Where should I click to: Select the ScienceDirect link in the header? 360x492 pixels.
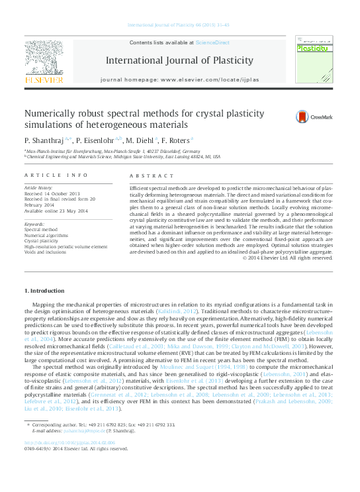[x=212, y=42]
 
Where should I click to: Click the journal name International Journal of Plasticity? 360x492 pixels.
[x=179, y=61]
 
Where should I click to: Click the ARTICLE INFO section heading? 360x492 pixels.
[x=56, y=175]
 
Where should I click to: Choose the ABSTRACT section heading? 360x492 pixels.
[x=145, y=175]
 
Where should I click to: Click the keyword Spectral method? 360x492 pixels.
[x=42, y=228]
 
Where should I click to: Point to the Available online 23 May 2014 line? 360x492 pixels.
[x=56, y=209]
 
